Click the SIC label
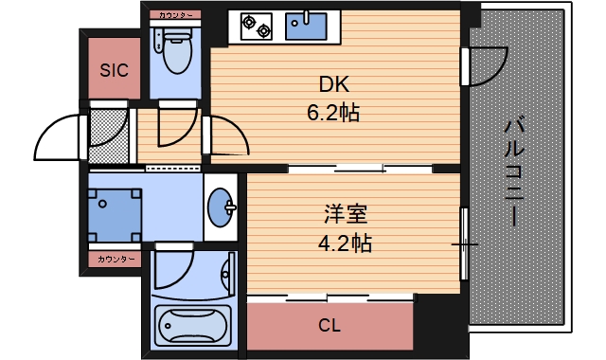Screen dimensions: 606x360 (115, 68)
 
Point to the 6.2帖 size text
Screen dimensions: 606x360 (331, 114)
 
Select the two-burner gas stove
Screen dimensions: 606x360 (255, 26)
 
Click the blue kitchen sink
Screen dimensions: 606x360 (305, 26)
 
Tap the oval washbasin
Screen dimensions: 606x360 (223, 206)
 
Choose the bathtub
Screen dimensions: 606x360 (193, 328)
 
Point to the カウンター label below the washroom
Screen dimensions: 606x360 (115, 258)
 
